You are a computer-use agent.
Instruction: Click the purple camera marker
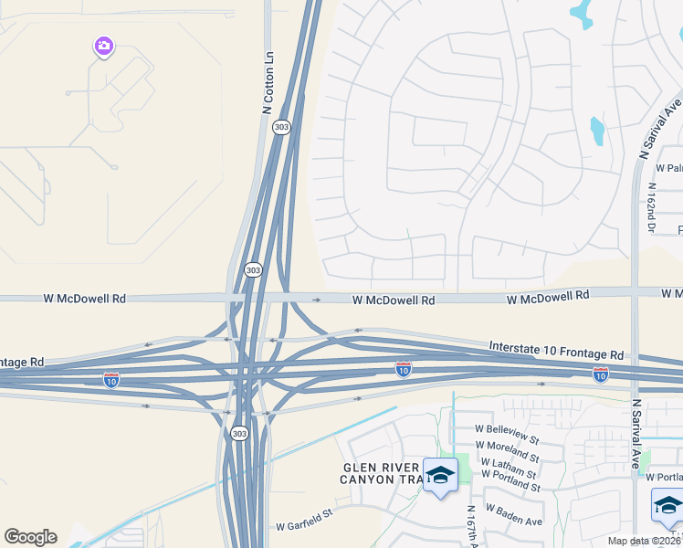point(103,46)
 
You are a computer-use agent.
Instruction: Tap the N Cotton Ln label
point(268,81)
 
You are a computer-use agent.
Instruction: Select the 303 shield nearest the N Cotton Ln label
point(281,127)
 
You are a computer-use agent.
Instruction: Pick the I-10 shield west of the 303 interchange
point(111,379)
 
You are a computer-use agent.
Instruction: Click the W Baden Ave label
point(513,514)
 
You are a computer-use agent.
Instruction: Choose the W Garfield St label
point(304,526)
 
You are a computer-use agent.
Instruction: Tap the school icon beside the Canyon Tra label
point(440,475)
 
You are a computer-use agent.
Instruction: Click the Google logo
point(30,537)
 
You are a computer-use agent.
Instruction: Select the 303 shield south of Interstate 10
point(238,432)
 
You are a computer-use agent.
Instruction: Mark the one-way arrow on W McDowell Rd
point(317,300)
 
